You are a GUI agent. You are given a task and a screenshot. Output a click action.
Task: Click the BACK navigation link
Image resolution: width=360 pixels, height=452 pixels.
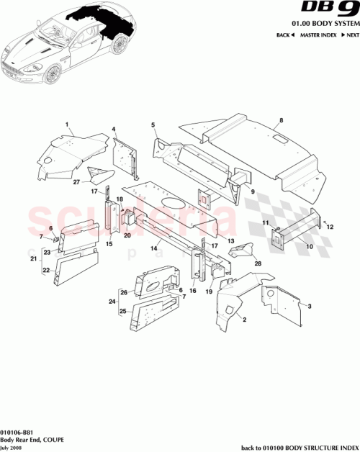point(286,35)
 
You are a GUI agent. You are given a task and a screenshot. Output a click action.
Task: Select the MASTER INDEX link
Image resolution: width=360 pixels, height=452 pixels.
point(318,35)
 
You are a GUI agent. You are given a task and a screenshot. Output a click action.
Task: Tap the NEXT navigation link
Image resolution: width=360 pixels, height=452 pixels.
point(348,35)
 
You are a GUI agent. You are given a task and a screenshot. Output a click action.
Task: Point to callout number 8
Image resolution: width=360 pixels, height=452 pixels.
point(282,119)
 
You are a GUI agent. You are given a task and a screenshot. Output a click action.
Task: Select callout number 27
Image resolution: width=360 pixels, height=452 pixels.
point(76,182)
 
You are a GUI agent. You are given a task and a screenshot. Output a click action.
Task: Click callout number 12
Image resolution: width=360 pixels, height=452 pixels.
point(331,227)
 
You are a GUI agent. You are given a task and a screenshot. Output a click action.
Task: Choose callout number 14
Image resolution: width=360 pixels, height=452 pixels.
point(153,248)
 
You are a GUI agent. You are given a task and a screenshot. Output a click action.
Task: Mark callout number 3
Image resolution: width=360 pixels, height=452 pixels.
point(310,307)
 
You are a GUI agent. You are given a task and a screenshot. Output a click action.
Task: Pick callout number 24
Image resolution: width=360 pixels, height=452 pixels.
point(112,302)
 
